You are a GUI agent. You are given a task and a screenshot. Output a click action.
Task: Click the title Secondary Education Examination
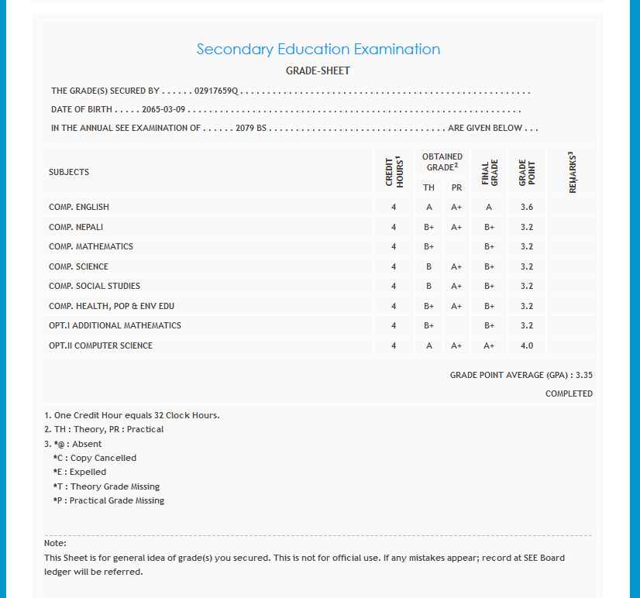(x=318, y=50)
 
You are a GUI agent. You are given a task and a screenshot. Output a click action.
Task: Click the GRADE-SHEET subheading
(x=318, y=71)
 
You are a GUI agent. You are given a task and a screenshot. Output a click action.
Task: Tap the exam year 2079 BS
(x=251, y=128)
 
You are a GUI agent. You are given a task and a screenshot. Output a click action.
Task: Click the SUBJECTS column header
(x=69, y=172)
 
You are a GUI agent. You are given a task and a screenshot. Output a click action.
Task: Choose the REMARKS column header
(x=573, y=172)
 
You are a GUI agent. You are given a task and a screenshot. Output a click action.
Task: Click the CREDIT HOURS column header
(x=394, y=172)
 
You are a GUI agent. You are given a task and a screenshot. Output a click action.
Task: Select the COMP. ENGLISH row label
(x=79, y=207)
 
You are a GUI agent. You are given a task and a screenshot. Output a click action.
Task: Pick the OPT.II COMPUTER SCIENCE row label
(x=101, y=345)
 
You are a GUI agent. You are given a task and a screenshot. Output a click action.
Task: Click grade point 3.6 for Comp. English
(x=527, y=207)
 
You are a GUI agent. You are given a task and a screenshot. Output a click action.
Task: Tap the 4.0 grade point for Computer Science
(x=527, y=345)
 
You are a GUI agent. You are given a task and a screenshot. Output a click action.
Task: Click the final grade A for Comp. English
(x=489, y=207)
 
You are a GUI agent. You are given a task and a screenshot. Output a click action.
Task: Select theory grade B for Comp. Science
(x=428, y=266)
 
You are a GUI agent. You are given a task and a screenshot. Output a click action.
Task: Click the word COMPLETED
(x=569, y=394)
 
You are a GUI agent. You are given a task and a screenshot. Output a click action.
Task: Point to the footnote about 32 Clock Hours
(x=132, y=415)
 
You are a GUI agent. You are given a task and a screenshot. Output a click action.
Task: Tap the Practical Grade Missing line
(x=108, y=500)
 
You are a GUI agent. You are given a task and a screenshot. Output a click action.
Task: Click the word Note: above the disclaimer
(x=55, y=543)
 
